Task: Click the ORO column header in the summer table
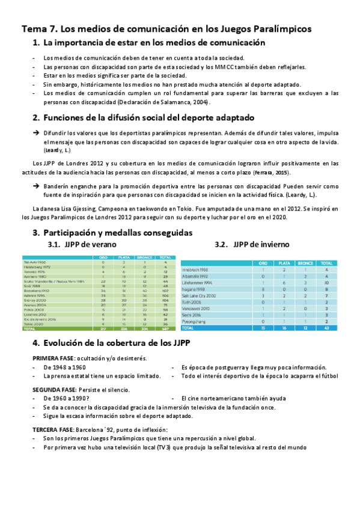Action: pyautogui.click(x=103, y=257)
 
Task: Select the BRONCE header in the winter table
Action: pyautogui.click(x=305, y=263)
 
